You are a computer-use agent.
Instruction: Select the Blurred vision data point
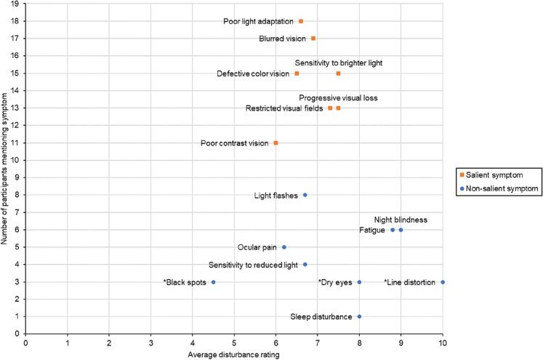click(313, 39)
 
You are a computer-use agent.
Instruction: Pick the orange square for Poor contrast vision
click(275, 143)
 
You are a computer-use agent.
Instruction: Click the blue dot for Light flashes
click(305, 195)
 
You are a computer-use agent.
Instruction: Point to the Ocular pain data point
click(284, 247)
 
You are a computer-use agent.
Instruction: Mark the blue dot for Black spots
click(213, 281)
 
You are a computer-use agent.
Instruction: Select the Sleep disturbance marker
click(359, 316)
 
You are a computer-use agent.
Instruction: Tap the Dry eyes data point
click(359, 281)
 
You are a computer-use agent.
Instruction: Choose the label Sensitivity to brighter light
click(338, 63)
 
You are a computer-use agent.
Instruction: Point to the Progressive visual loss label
click(338, 97)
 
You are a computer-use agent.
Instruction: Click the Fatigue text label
click(372, 230)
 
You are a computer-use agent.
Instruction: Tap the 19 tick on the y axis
click(18, 4)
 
